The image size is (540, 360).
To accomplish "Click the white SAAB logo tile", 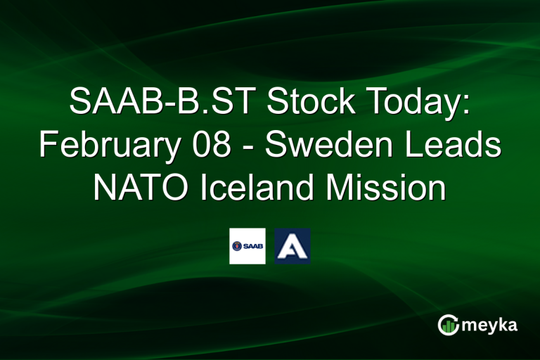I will click(x=247, y=246).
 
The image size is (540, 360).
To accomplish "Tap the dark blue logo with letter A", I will click(x=292, y=246).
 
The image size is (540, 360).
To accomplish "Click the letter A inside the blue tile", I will click(x=292, y=246).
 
